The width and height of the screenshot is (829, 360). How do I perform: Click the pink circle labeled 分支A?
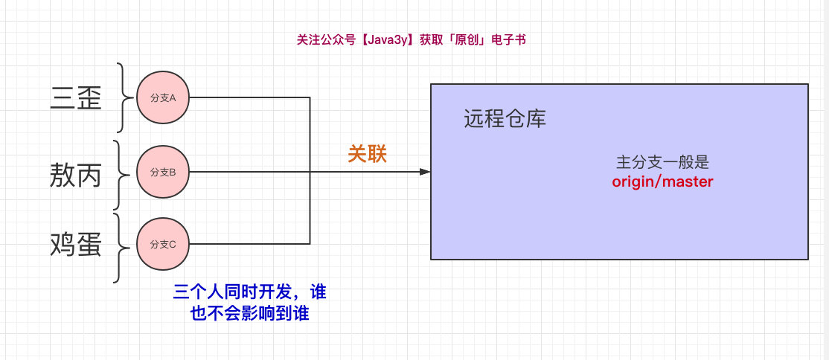(163, 97)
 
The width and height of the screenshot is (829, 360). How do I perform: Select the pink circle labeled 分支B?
(163, 173)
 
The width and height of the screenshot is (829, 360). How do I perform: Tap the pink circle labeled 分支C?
(163, 243)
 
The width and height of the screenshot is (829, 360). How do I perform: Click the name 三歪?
(77, 98)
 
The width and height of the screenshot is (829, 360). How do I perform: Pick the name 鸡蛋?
(76, 244)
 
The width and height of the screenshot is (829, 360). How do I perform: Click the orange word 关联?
(368, 154)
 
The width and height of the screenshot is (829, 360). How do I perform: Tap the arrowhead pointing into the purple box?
(425, 172)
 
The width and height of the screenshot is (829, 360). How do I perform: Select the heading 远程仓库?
(505, 119)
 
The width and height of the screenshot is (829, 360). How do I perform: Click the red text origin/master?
(662, 181)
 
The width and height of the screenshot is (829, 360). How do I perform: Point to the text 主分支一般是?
(659, 163)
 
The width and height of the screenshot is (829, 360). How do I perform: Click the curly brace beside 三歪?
(122, 97)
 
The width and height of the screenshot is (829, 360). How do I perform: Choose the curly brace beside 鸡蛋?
(119, 247)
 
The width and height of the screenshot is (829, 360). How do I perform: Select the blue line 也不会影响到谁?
(249, 314)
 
